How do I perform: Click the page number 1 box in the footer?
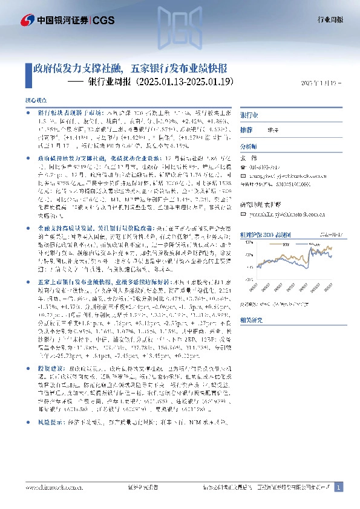339,487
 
